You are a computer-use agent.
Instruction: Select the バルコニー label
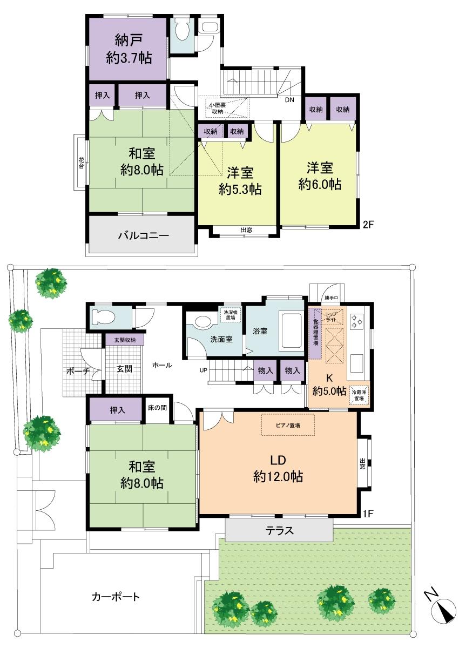point(144,235)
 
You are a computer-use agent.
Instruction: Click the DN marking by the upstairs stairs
point(289,99)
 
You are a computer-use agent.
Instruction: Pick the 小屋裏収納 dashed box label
point(218,108)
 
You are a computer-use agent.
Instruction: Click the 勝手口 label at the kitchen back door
point(331,298)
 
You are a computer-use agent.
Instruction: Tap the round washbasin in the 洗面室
point(203,322)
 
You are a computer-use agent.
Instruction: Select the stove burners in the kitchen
point(357,321)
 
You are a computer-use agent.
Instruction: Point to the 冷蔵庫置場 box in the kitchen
point(357,395)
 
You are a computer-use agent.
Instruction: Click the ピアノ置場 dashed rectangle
point(288,425)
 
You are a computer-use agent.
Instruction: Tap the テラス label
point(279,531)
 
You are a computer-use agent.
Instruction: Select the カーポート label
point(116,597)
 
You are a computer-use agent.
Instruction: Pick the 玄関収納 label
point(125,340)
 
